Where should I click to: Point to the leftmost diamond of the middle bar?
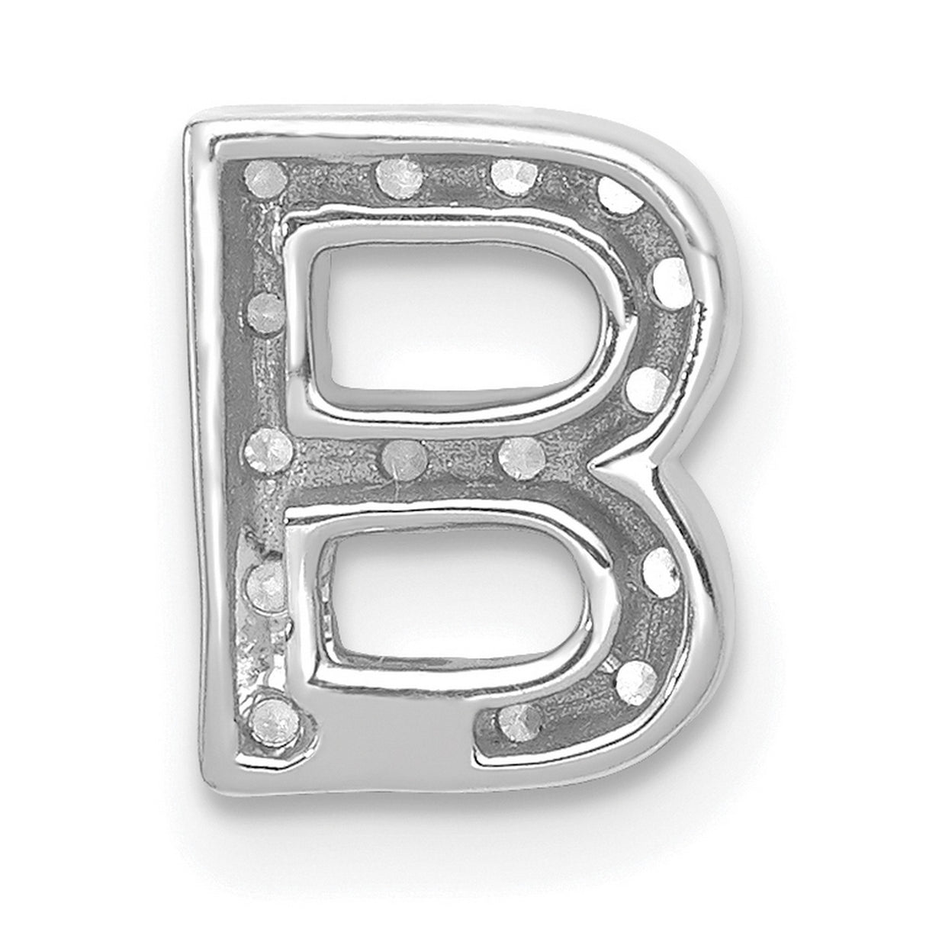[x=268, y=442]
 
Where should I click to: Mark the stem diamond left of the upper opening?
[x=265, y=310]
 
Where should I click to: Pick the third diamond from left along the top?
[x=512, y=178]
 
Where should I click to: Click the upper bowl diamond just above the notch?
[x=645, y=386]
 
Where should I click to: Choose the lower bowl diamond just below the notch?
[x=659, y=567]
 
